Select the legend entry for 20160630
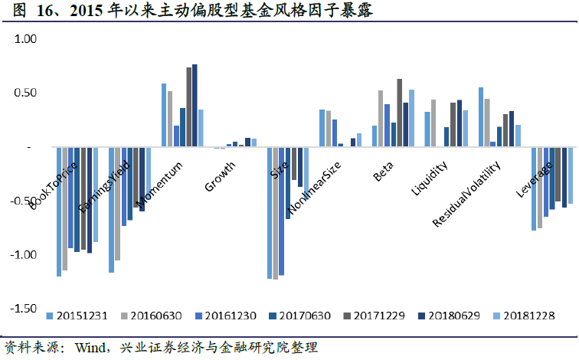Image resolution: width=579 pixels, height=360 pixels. pyautogui.click(x=152, y=315)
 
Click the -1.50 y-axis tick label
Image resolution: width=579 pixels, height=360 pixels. pyautogui.click(x=24, y=309)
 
